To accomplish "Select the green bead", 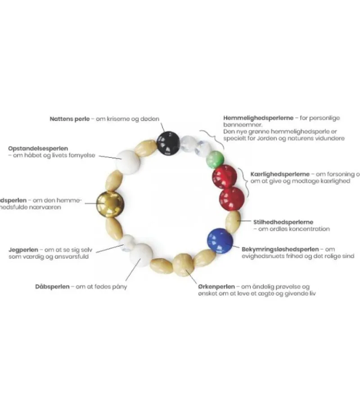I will click(215, 160).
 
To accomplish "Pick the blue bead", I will click(220, 241).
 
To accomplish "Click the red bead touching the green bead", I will click(224, 177).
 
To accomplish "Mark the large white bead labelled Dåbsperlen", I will click(141, 255).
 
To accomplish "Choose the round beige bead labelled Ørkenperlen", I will click(183, 264).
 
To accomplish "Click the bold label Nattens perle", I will click(70, 119).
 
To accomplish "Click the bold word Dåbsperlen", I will click(52, 286).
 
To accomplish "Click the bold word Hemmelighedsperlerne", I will click(259, 118).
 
